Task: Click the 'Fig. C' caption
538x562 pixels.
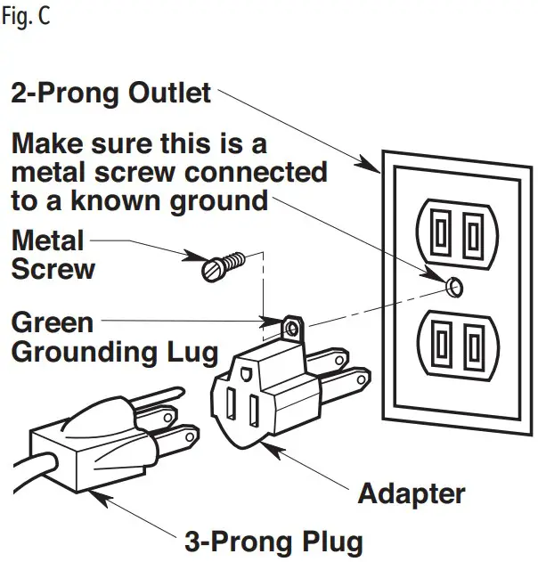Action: coord(26,17)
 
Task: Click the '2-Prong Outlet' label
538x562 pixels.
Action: coord(110,92)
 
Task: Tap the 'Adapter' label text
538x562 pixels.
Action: coord(411,492)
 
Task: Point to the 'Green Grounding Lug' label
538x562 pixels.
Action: coord(114,337)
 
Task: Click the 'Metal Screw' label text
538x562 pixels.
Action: coord(52,255)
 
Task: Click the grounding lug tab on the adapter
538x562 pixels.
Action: coord(290,328)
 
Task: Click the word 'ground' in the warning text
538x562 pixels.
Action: coord(221,200)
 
